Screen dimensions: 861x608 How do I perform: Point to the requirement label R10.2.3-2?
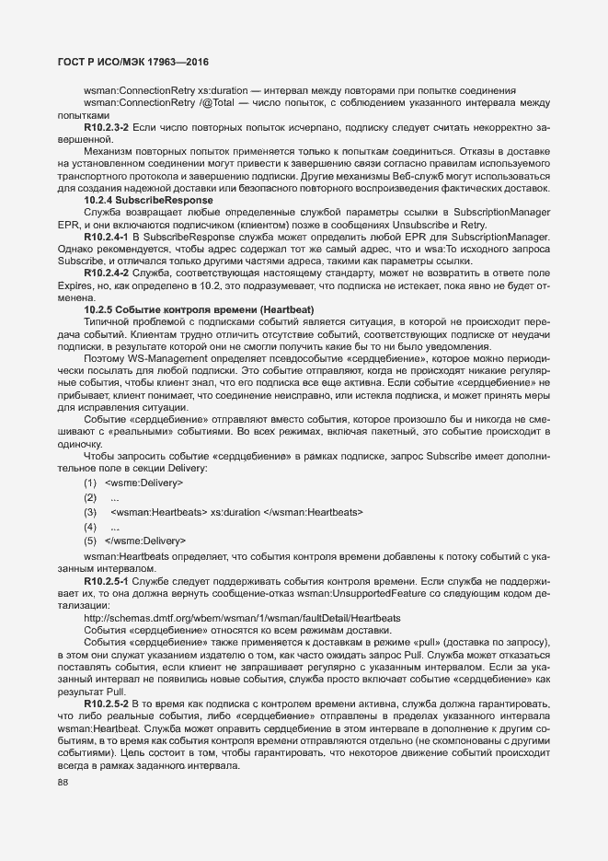(x=107, y=125)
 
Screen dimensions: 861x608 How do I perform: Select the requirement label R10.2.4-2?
(x=107, y=273)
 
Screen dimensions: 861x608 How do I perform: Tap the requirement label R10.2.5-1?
(x=107, y=581)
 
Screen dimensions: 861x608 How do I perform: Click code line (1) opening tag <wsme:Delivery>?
(x=144, y=483)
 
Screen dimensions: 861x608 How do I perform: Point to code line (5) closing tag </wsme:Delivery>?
(x=145, y=540)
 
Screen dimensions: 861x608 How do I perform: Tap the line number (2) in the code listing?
(x=90, y=497)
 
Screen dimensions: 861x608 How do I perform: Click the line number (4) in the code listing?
(x=90, y=526)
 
